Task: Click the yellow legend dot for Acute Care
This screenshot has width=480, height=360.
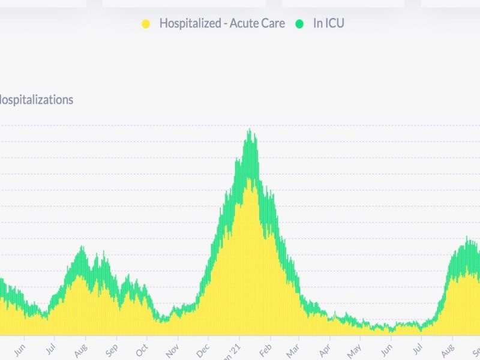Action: (145, 24)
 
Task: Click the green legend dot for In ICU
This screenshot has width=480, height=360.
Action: (299, 24)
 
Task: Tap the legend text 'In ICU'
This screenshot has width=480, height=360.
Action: (329, 24)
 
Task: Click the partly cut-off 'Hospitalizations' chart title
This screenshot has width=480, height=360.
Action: (36, 100)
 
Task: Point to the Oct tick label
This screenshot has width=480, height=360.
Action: (142, 347)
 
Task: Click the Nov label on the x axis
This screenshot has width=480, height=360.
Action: (173, 347)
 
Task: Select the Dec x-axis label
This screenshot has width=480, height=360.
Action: (204, 347)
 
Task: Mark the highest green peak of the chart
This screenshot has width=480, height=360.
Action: (249, 130)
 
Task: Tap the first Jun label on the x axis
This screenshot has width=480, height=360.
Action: (20, 347)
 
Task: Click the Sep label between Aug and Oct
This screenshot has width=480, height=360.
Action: (112, 347)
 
